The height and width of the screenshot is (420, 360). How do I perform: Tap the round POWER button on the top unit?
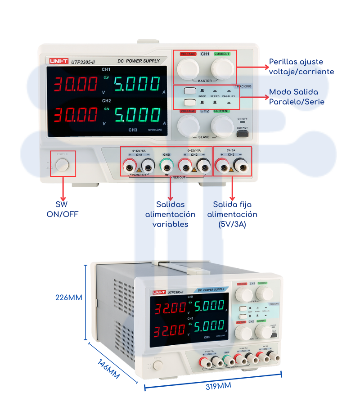[x=63, y=164]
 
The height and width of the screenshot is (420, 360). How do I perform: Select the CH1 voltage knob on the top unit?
[x=188, y=68]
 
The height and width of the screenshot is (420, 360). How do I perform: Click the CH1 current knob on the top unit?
[x=222, y=68]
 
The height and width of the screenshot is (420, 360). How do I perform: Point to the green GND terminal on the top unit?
[x=166, y=167]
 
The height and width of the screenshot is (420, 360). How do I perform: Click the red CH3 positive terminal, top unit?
[x=221, y=167]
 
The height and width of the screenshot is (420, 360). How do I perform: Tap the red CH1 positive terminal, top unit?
[x=130, y=167]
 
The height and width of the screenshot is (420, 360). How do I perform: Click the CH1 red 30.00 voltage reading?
[x=76, y=85]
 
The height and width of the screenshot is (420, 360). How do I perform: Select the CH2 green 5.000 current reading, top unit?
[x=137, y=115]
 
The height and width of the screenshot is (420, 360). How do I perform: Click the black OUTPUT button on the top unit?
[x=242, y=134]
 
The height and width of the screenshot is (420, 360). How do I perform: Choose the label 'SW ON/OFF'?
[x=63, y=209]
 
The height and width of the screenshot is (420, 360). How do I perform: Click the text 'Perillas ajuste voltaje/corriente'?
[x=301, y=67]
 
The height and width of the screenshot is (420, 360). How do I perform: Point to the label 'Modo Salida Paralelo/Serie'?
[x=297, y=97]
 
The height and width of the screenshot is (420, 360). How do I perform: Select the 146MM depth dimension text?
[x=108, y=368]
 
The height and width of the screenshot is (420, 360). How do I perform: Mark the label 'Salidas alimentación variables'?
[x=170, y=214]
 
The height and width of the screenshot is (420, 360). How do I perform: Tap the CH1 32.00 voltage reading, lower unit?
[x=171, y=308]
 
